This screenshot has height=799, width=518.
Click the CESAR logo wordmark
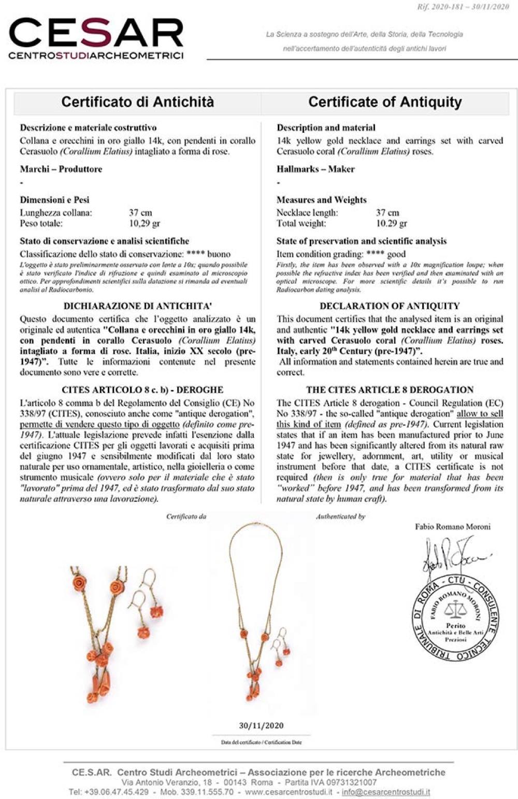click(x=96, y=34)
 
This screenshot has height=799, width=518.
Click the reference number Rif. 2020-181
click(x=445, y=7)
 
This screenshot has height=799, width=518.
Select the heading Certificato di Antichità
click(x=137, y=102)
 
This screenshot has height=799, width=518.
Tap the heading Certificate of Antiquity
click(x=385, y=102)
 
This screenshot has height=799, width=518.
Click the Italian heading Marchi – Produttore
click(x=61, y=169)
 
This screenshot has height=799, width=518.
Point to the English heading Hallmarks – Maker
click(x=315, y=169)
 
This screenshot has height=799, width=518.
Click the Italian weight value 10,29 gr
click(x=145, y=223)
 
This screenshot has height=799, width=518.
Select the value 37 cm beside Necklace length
click(x=387, y=213)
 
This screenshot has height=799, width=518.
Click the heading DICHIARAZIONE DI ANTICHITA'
click(x=138, y=306)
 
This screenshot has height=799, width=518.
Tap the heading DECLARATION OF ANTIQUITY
click(x=390, y=306)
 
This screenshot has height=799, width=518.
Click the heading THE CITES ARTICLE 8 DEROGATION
click(x=390, y=390)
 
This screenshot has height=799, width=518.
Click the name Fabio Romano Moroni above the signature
click(x=452, y=527)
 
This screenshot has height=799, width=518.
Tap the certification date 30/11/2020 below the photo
click(x=261, y=725)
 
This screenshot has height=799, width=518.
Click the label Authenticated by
click(x=340, y=516)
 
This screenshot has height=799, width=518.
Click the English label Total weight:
click(x=301, y=223)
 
